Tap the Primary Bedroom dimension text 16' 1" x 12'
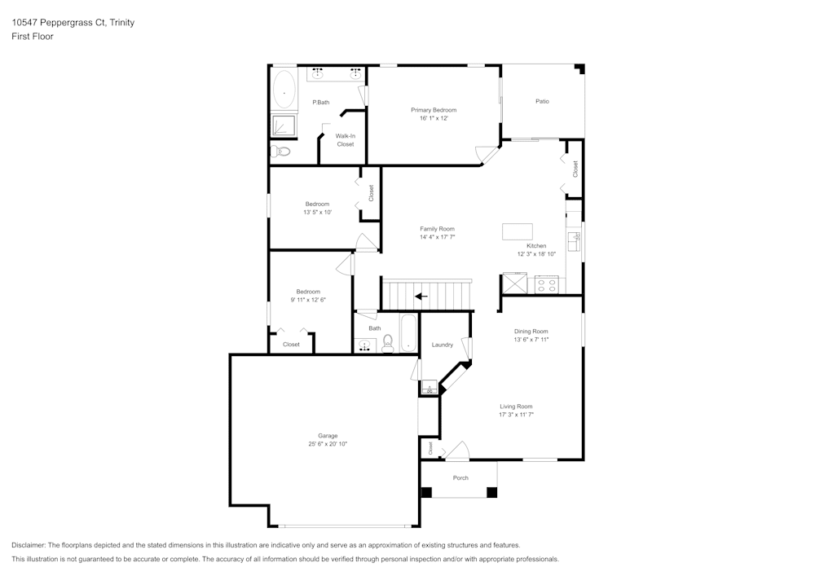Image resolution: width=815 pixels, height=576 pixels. tap(434, 118)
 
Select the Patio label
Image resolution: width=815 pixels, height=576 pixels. tap(542, 101)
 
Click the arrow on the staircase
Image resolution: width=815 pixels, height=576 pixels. tap(421, 296)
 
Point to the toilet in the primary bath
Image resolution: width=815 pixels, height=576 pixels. tap(282, 152)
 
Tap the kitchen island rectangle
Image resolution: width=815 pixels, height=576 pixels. tap(518, 231)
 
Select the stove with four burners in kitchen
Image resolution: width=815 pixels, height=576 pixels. tap(546, 285)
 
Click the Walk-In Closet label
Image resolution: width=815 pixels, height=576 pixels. tap(346, 140)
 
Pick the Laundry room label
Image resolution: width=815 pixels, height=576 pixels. tap(443, 345)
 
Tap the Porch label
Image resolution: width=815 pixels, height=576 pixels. tap(460, 477)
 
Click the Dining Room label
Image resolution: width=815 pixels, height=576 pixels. tap(531, 331)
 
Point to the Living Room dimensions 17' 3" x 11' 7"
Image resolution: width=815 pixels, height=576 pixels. tap(516, 415)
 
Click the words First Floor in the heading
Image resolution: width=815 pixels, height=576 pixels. tap(33, 37)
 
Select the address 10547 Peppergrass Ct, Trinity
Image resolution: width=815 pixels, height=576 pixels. tap(73, 23)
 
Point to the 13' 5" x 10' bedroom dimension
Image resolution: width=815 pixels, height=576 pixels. tap(318, 212)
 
